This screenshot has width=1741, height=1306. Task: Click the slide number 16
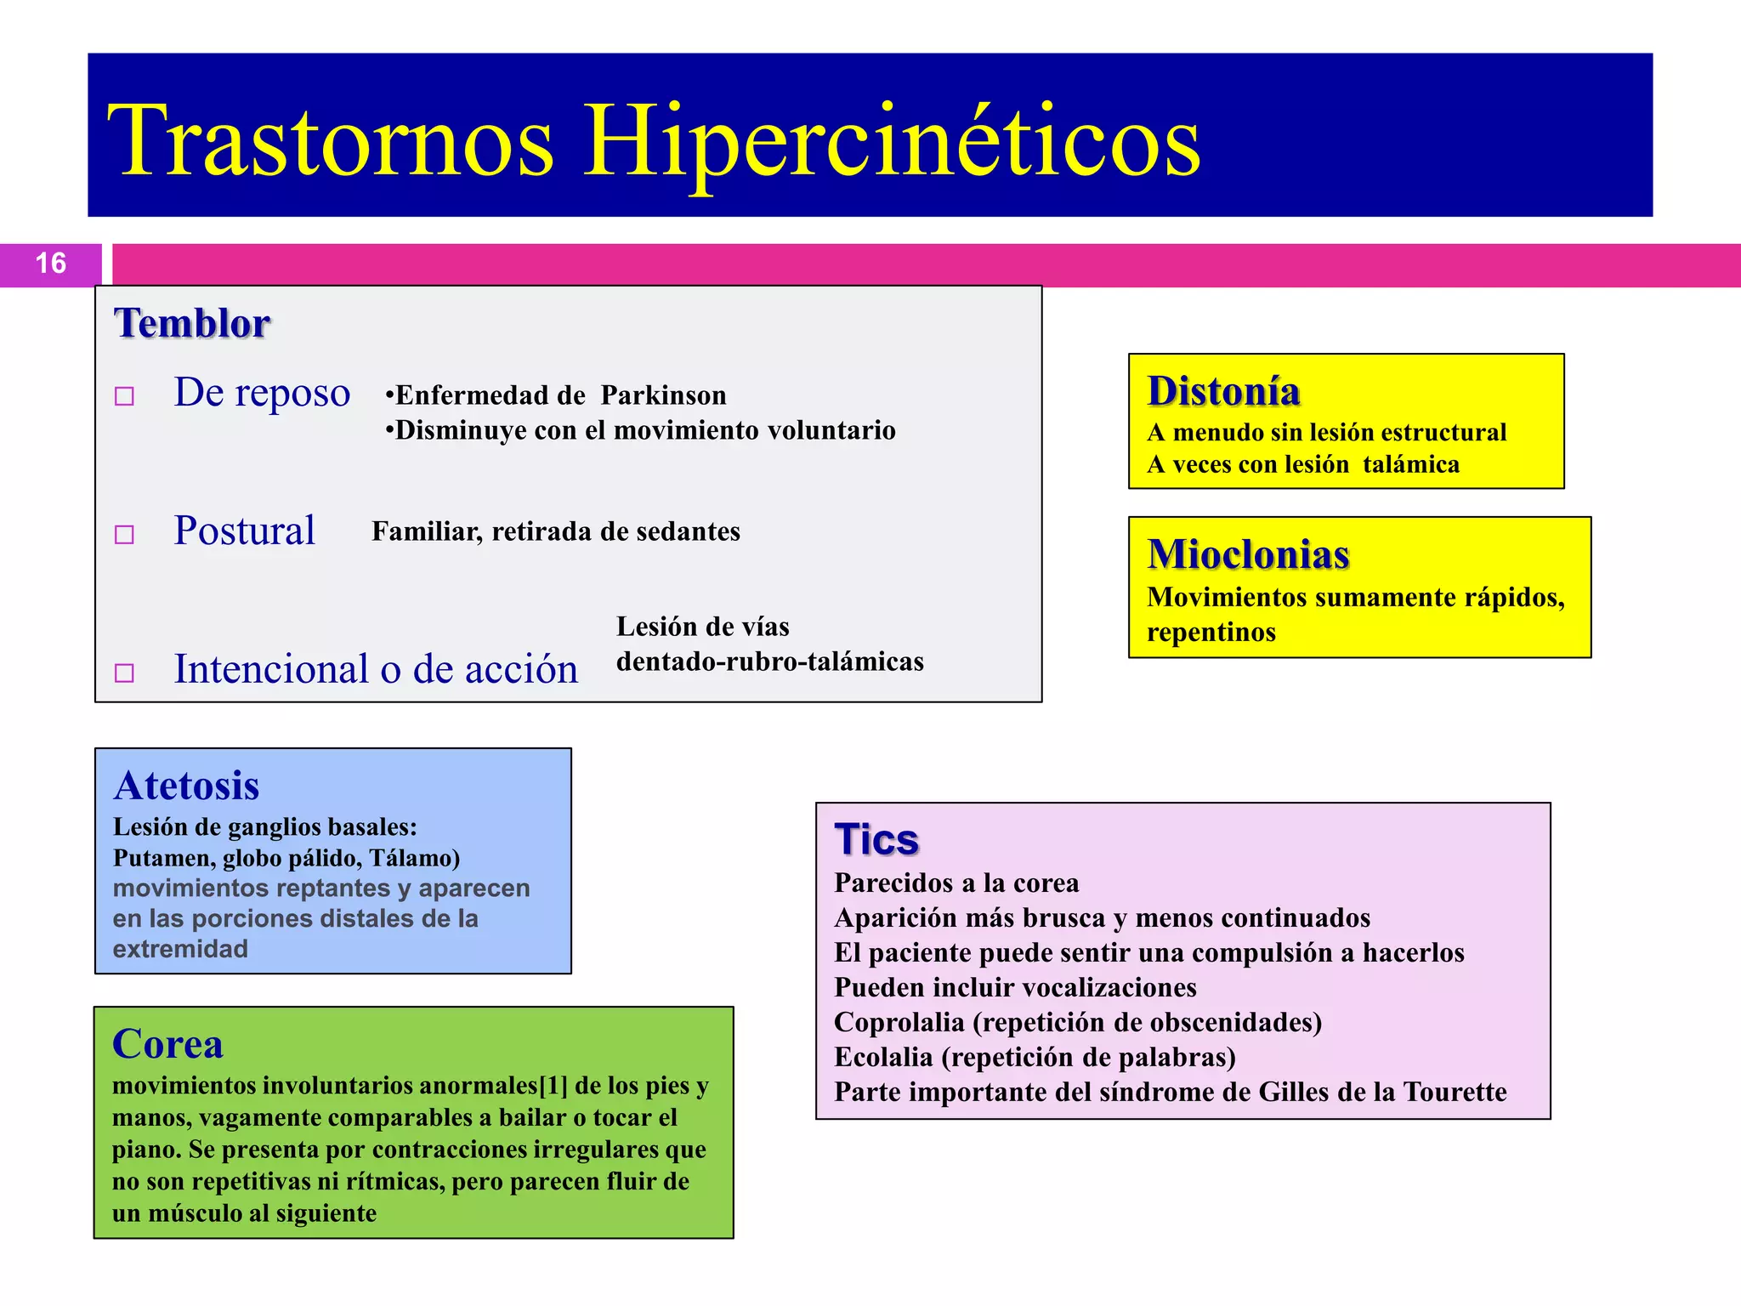[51, 264]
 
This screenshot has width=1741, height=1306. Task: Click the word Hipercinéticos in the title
[893, 140]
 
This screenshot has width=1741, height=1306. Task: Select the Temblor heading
[192, 324]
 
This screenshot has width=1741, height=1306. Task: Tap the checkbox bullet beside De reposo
[125, 396]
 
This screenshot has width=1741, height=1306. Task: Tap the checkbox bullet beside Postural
[125, 534]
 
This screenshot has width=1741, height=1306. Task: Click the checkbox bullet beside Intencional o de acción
[125, 673]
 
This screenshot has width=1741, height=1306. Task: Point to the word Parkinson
[663, 395]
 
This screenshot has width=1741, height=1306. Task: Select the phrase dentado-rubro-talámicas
[769, 662]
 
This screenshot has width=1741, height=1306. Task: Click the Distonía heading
[1223, 391]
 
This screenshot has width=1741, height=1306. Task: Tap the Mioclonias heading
[1248, 554]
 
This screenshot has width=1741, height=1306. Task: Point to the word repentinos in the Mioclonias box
[1211, 633]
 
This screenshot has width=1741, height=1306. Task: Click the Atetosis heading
[186, 786]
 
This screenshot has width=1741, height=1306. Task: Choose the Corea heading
[167, 1044]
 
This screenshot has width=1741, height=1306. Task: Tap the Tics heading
[876, 840]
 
